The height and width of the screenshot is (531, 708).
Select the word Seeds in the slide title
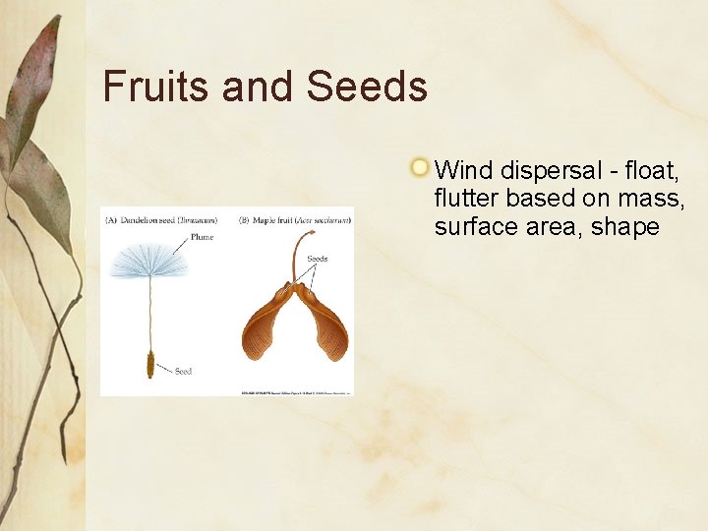pyautogui.click(x=367, y=87)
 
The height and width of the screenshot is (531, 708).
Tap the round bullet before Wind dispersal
pyautogui.click(x=420, y=167)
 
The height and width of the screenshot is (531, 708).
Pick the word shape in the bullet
pyautogui.click(x=625, y=226)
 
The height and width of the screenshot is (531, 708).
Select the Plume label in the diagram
pyautogui.click(x=202, y=237)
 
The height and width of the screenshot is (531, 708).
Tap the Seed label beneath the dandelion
pyautogui.click(x=183, y=372)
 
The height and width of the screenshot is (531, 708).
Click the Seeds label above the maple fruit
pyautogui.click(x=317, y=260)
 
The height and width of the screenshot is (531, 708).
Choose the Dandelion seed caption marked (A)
pyautogui.click(x=161, y=221)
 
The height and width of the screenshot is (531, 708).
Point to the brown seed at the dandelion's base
pyautogui.click(x=150, y=366)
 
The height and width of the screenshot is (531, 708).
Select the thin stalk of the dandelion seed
pyautogui.click(x=149, y=315)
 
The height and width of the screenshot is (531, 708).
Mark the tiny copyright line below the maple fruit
pyautogui.click(x=295, y=393)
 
